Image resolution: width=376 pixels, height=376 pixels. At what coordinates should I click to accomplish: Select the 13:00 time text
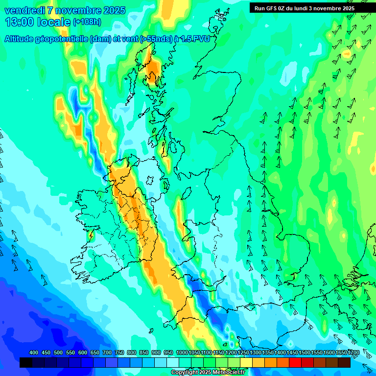point(20,22)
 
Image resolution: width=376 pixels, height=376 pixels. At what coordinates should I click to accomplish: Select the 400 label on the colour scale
point(34,353)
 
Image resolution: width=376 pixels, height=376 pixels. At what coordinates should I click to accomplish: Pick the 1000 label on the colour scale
point(182,353)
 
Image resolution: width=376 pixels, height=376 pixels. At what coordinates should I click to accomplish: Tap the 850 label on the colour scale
point(144,353)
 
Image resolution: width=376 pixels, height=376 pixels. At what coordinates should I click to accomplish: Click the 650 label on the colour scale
point(95,353)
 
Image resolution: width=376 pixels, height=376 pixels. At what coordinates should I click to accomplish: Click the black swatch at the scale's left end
point(26,363)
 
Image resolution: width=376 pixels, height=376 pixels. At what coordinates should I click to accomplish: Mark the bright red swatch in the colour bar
point(295,363)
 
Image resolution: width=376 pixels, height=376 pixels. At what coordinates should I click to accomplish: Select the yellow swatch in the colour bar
point(246,363)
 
